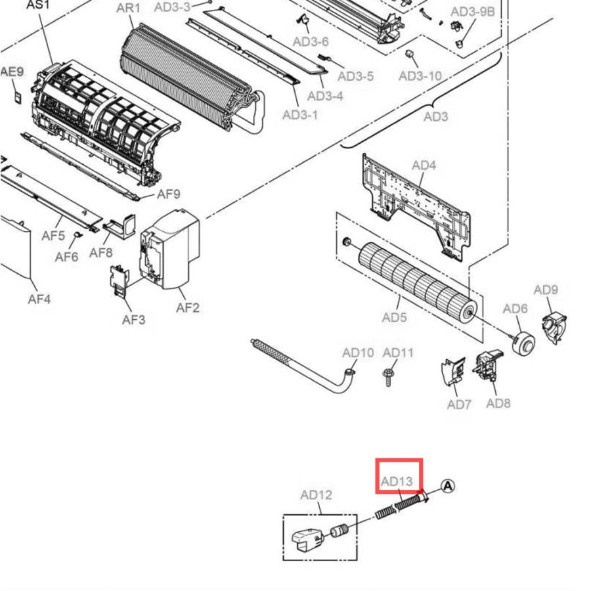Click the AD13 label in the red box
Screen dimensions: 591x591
click(x=397, y=481)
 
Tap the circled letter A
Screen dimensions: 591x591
click(x=447, y=486)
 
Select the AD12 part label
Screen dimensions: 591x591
click(x=317, y=495)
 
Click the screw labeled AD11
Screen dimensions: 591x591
click(x=388, y=378)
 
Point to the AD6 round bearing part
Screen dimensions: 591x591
click(x=523, y=342)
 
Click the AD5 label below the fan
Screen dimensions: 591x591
click(x=394, y=317)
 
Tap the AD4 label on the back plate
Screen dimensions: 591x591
click(x=424, y=165)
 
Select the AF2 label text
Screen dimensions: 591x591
click(x=188, y=308)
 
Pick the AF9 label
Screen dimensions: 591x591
click(x=169, y=194)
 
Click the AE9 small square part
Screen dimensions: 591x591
click(x=17, y=97)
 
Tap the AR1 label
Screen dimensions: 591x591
click(x=128, y=8)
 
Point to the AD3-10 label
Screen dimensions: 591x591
click(x=420, y=76)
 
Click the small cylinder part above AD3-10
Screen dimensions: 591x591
click(x=409, y=54)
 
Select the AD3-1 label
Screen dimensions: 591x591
click(x=300, y=114)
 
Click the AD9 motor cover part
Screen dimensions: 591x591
click(x=554, y=326)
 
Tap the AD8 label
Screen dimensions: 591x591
click(x=498, y=403)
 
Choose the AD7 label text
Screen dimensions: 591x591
click(x=459, y=405)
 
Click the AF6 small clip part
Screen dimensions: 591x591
click(x=78, y=235)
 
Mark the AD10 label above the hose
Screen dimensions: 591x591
click(x=358, y=353)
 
